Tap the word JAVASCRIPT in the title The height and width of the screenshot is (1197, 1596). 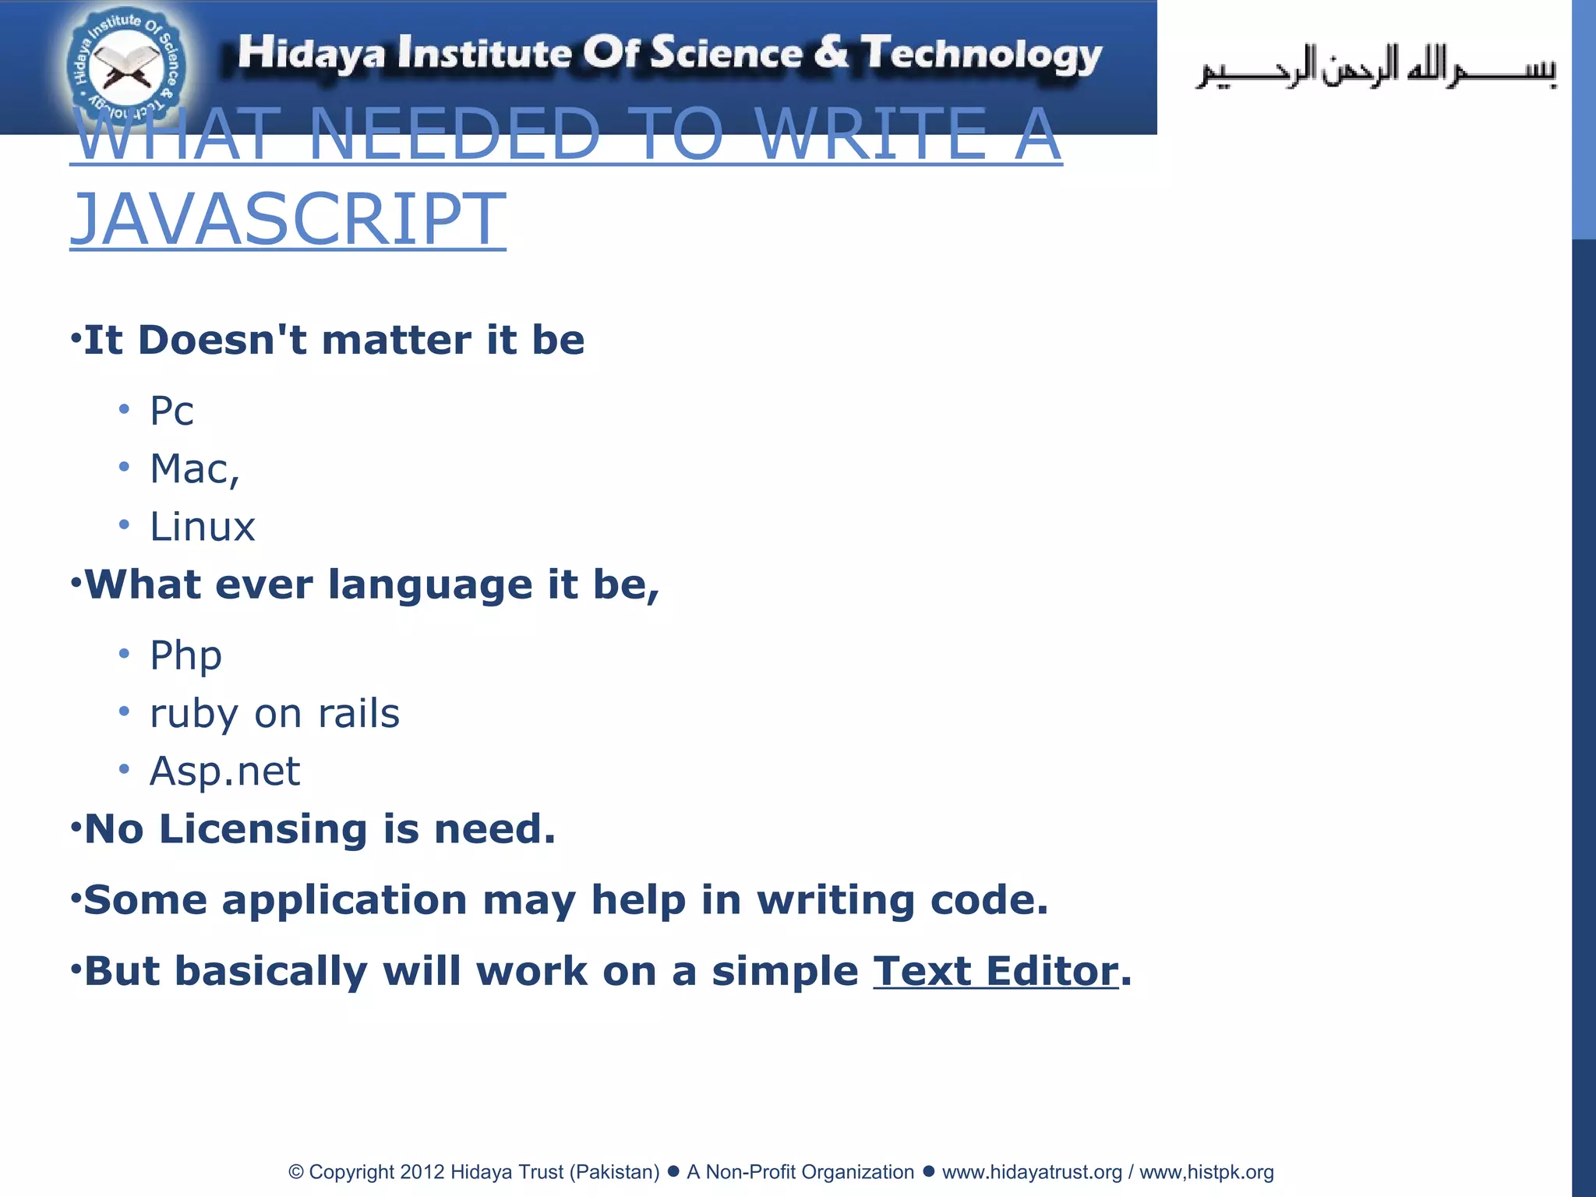[x=288, y=219]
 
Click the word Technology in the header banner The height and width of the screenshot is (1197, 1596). [x=981, y=54]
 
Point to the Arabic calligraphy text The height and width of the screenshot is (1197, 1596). [x=1375, y=68]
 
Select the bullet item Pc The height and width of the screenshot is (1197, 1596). [x=171, y=411]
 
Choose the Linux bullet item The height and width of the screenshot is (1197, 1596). [x=203, y=527]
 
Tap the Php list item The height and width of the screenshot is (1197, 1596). [x=185, y=655]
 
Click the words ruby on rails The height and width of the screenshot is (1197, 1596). [x=274, y=713]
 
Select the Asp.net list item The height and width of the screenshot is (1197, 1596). [x=224, y=771]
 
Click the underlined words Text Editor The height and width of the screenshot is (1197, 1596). [x=995, y=971]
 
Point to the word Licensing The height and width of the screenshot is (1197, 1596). [x=263, y=828]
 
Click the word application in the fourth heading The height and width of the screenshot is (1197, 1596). [x=344, y=901]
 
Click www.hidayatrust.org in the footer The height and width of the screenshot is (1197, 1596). [x=1031, y=1172]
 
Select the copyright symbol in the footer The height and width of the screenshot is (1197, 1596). [x=296, y=1172]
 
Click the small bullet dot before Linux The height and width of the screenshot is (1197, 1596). [x=124, y=524]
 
